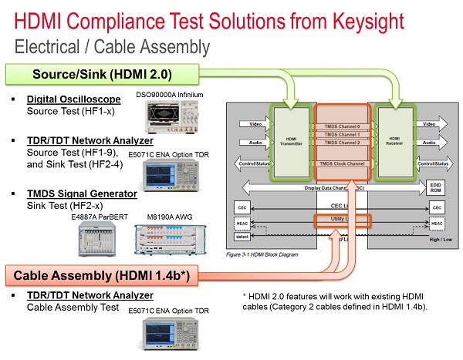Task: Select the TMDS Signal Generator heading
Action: pyautogui.click(x=83, y=193)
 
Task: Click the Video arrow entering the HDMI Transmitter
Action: pyautogui.click(x=252, y=123)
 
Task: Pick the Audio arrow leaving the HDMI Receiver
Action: pyautogui.click(x=431, y=143)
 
